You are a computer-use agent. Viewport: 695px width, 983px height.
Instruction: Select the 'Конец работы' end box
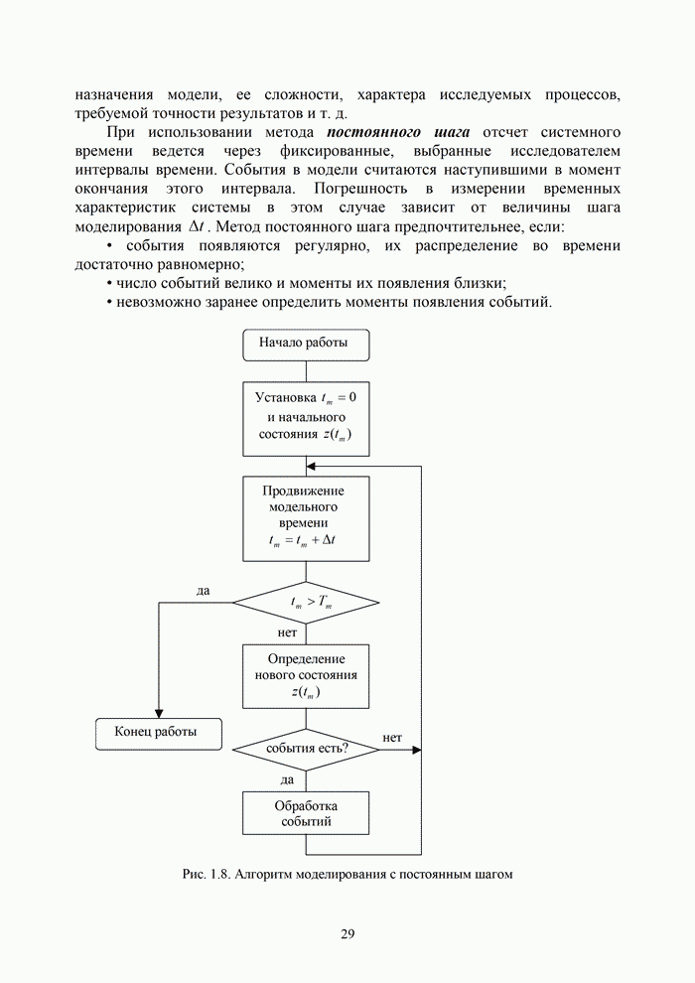point(156,732)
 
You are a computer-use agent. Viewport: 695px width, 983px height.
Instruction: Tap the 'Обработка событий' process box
point(306,813)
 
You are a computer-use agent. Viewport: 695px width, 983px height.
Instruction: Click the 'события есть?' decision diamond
point(306,750)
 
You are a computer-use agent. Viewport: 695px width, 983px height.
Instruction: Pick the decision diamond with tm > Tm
point(306,603)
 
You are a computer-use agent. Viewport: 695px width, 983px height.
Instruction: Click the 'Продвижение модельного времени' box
point(306,518)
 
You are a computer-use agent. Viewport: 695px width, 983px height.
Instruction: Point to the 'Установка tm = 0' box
point(306,416)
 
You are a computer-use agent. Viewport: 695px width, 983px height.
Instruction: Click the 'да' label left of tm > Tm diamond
point(203,591)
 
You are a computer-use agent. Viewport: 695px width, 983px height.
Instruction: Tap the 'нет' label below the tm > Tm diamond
point(288,632)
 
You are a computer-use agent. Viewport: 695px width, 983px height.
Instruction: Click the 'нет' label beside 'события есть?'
point(391,738)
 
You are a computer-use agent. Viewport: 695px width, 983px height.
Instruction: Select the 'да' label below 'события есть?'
point(287,779)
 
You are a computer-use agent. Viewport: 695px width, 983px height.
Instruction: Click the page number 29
point(347,933)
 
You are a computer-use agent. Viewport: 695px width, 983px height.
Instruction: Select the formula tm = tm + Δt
point(305,542)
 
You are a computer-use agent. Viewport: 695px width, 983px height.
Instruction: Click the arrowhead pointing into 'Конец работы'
point(158,713)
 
